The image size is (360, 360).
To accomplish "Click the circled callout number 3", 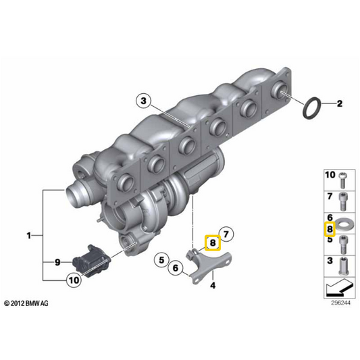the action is [143, 101].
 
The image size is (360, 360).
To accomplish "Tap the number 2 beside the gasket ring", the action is [339, 103].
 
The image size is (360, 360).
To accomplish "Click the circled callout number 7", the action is [226, 234].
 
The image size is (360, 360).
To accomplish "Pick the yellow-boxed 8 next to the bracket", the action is [213, 243].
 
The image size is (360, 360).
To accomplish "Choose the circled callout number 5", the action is [161, 260].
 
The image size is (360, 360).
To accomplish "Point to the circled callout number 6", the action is [176, 268].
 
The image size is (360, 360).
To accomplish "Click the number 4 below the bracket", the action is [213, 286].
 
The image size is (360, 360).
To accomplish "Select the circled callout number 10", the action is [74, 280].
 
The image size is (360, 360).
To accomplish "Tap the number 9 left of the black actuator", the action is [57, 262].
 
